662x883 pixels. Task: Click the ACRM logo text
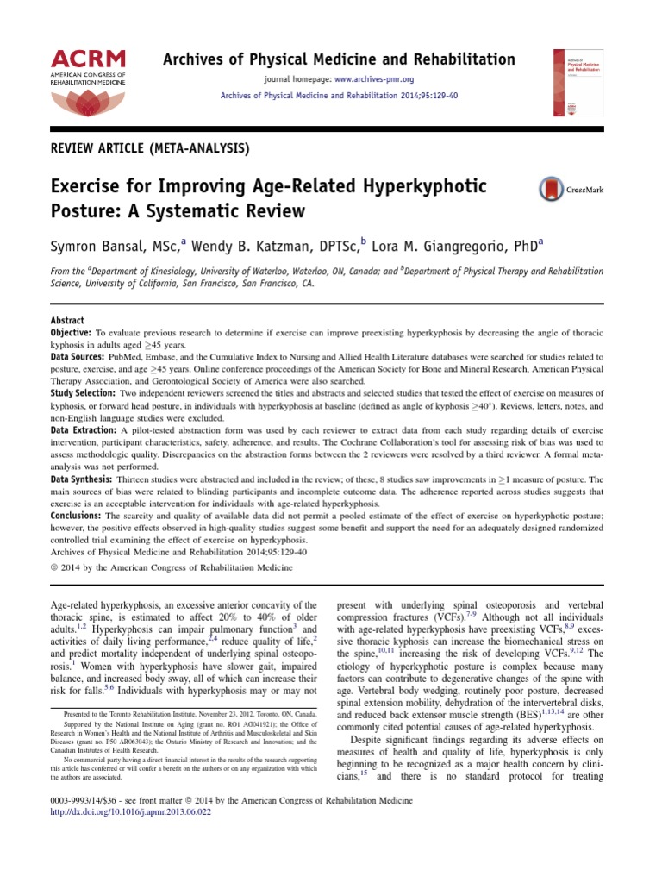[88, 59]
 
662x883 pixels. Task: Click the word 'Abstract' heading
[67, 320]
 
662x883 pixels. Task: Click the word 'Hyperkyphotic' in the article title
[417, 186]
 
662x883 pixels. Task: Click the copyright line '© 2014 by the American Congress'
[159, 567]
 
